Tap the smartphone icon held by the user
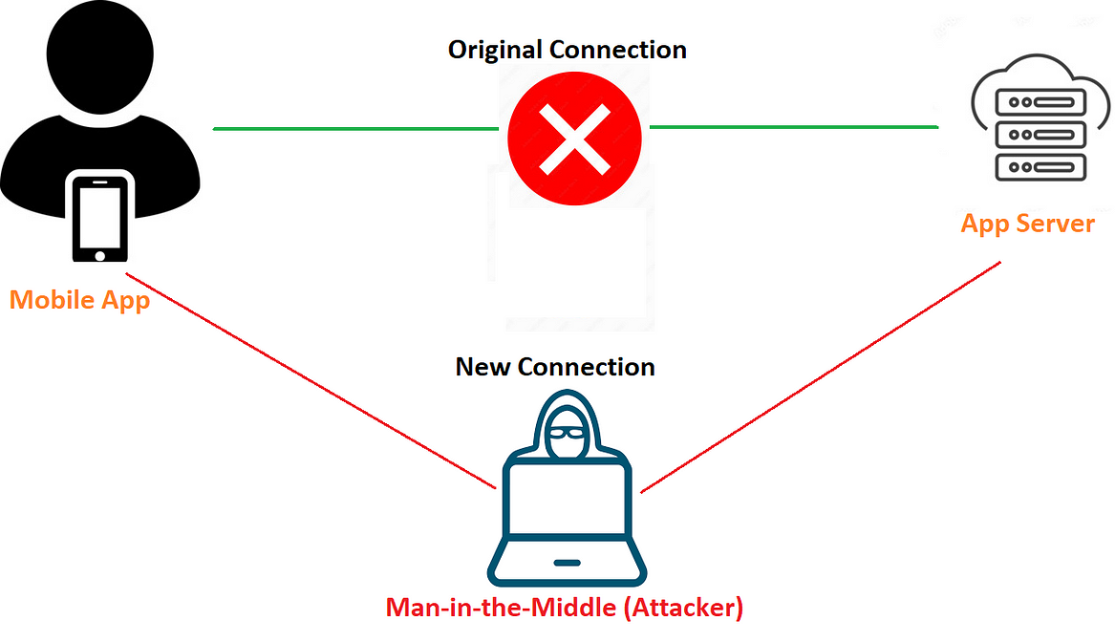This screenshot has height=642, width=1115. pyautogui.click(x=99, y=217)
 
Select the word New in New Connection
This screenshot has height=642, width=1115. pyautogui.click(x=483, y=367)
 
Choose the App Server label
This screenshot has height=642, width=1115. pyautogui.click(x=1027, y=224)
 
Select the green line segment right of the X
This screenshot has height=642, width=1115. pyautogui.click(x=793, y=126)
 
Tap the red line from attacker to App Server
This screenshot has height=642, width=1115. pyautogui.click(x=822, y=376)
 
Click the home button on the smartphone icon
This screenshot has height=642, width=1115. pyautogui.click(x=99, y=255)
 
